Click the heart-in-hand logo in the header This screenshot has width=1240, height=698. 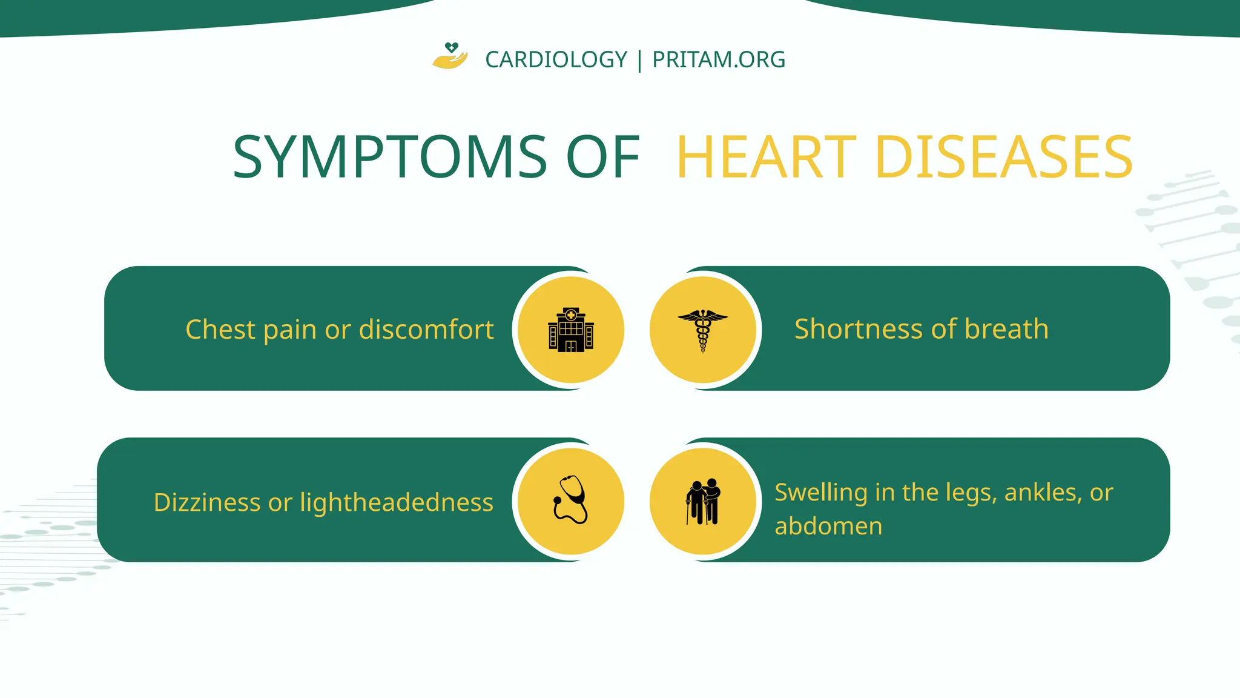[450, 56]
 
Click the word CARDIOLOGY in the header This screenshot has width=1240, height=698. [556, 60]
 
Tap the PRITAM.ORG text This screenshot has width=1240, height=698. [719, 60]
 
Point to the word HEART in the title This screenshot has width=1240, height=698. [766, 157]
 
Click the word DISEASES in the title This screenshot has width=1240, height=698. [1003, 157]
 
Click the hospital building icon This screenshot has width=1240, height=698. [571, 330]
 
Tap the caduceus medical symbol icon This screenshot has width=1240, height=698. [702, 330]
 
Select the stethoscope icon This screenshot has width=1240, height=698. [570, 500]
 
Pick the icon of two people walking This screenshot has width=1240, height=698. [703, 501]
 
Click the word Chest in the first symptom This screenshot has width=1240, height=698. [220, 330]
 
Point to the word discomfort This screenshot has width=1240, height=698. [426, 330]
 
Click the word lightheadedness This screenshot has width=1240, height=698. [397, 502]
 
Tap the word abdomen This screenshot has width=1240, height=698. [828, 526]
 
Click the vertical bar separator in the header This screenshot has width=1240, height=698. [640, 60]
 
